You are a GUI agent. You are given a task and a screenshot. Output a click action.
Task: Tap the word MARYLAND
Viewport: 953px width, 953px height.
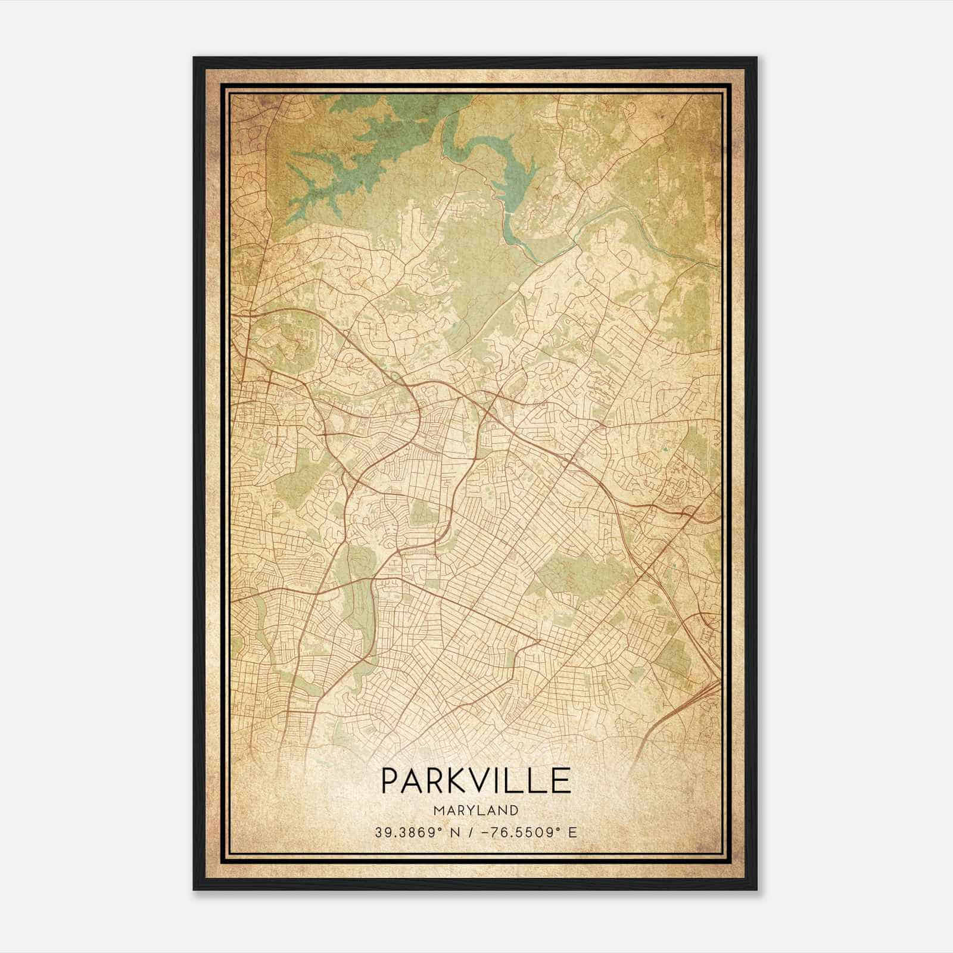[476, 811]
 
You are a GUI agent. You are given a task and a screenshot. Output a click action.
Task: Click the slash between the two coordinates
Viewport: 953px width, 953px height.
[472, 833]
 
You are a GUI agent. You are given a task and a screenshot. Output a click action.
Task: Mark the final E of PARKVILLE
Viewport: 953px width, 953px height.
[560, 780]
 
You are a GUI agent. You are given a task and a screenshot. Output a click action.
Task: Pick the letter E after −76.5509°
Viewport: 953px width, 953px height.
[573, 833]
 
